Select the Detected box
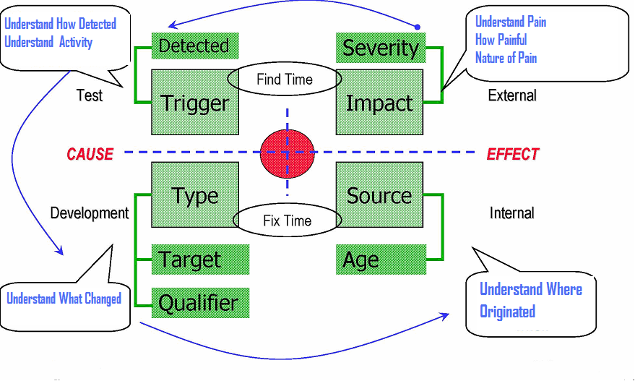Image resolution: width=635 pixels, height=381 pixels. (193, 46)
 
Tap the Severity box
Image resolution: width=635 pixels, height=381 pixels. (380, 48)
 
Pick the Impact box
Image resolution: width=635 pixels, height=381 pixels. (380, 102)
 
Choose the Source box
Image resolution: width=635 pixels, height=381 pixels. (380, 195)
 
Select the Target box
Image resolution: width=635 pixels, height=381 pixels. (200, 259)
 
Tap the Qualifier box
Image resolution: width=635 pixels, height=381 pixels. (200, 302)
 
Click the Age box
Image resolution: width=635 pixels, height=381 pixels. (380, 260)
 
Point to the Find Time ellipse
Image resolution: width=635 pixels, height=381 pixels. (285, 80)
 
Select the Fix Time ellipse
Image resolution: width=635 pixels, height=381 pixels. (287, 221)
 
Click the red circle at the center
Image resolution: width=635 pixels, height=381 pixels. (288, 153)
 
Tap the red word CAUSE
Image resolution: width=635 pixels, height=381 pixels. (90, 154)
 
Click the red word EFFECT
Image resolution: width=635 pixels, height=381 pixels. (512, 154)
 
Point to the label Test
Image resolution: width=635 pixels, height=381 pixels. (90, 95)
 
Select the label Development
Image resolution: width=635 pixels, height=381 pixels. (90, 213)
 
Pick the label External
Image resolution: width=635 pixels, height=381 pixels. (512, 95)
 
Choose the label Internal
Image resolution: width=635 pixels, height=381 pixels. (511, 213)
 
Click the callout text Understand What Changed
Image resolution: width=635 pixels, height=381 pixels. (64, 299)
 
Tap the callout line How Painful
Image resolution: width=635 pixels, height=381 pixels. (501, 40)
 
